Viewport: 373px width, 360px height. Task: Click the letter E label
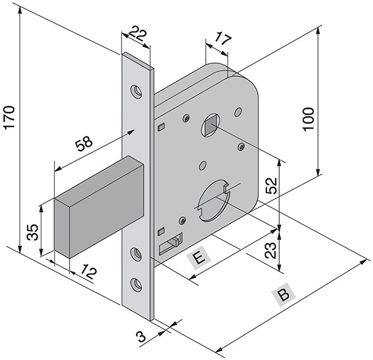click(x=198, y=258)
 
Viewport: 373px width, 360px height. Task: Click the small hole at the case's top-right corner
click(x=238, y=112)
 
